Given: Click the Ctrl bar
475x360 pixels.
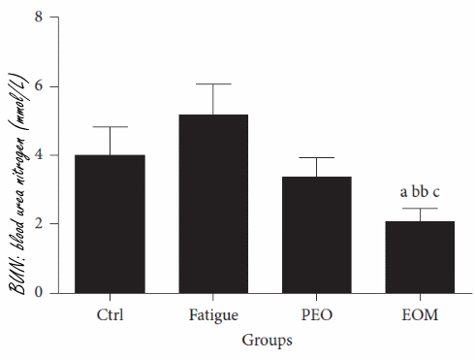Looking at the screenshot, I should point(110,224).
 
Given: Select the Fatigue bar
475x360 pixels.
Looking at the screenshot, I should point(213,204).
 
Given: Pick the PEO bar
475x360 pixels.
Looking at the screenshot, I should point(316,235).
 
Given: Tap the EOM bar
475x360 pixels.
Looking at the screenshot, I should point(420,257).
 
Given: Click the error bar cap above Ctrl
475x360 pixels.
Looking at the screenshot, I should point(110,126).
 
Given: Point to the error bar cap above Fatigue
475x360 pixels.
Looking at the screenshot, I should point(213,84).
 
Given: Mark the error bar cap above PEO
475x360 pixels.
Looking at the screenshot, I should point(316,157).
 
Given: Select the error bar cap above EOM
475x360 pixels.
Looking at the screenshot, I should point(420,209).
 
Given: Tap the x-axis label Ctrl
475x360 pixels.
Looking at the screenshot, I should point(110,316).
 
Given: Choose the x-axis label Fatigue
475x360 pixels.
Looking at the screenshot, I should point(213,316).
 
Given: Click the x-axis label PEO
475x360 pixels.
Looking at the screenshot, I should point(316,316).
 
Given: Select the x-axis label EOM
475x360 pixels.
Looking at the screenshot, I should point(420,316).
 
